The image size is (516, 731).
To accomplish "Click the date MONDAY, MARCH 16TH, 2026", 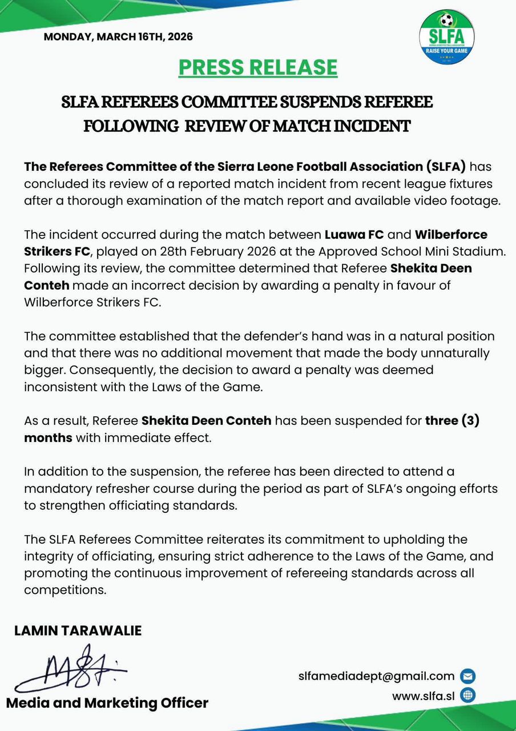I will pyautogui.click(x=118, y=37).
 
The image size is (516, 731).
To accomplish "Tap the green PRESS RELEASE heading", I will pyautogui.click(x=258, y=67).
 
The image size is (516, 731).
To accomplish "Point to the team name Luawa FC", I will pyautogui.click(x=348, y=235).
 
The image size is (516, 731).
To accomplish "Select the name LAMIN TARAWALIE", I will pyautogui.click(x=78, y=630).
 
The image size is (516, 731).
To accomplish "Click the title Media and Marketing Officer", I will pyautogui.click(x=107, y=703).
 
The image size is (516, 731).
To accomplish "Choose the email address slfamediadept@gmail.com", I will pyautogui.click(x=376, y=676).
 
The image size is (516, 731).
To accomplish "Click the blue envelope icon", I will pyautogui.click(x=467, y=676).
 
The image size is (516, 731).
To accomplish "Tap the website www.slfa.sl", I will pyautogui.click(x=423, y=696).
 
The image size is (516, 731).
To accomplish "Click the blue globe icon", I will pyautogui.click(x=467, y=696).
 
